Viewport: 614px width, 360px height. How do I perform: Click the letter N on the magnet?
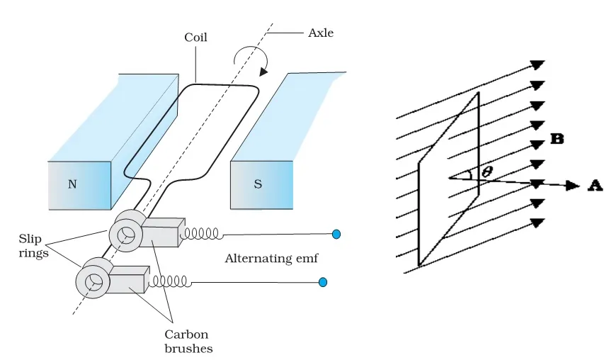pos(72,184)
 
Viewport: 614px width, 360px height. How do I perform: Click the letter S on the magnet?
pos(258,184)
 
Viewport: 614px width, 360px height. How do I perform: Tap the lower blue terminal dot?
pos(323,282)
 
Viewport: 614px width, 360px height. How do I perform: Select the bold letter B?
pos(557,139)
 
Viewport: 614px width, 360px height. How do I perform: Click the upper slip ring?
pos(125,235)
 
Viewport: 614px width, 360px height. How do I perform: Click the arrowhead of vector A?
pos(573,186)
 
